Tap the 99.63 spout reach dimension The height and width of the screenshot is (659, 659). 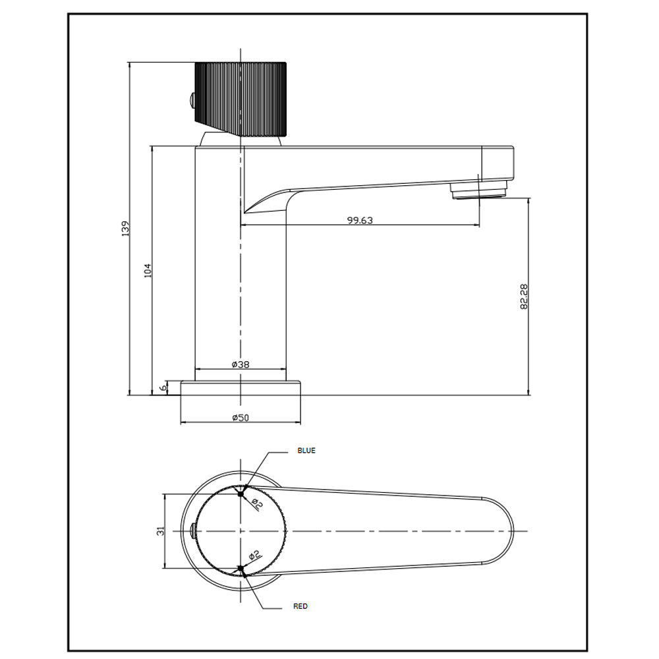tap(360, 221)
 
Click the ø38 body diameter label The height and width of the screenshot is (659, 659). tap(241, 364)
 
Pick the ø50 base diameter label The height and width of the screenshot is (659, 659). tap(241, 417)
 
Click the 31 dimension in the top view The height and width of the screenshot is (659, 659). tap(160, 530)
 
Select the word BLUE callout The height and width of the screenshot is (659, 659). tap(306, 451)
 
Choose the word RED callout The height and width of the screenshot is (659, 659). tap(301, 606)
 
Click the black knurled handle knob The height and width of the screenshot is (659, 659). tap(241, 98)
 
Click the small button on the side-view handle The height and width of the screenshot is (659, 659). tap(192, 101)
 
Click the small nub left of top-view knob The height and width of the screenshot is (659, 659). tap(192, 530)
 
